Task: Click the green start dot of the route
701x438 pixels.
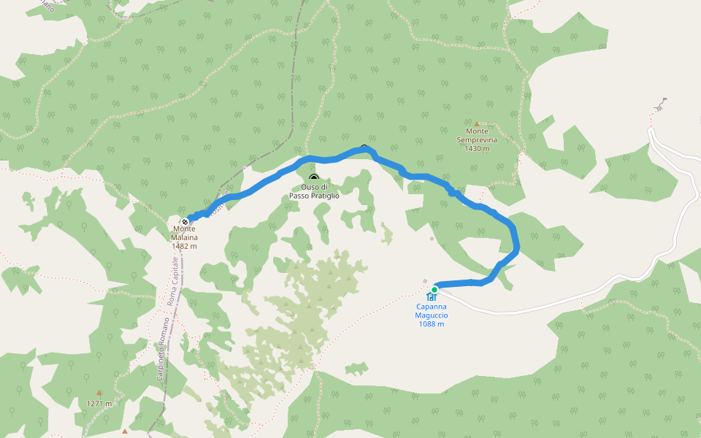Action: pyautogui.click(x=434, y=290)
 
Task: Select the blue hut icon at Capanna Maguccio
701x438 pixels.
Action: pyautogui.click(x=432, y=297)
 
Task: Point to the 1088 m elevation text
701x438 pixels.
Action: pyautogui.click(x=432, y=324)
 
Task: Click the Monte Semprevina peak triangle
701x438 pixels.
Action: pyautogui.click(x=477, y=124)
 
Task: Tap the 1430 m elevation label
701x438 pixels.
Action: pyautogui.click(x=477, y=148)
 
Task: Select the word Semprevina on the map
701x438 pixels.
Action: pyautogui.click(x=477, y=139)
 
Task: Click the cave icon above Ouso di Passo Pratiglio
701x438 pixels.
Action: pyautogui.click(x=314, y=178)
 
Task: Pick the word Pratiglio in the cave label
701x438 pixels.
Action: pyautogui.click(x=326, y=196)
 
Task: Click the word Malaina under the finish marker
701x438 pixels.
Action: pyautogui.click(x=185, y=237)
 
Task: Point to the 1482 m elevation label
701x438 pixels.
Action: pyautogui.click(x=185, y=246)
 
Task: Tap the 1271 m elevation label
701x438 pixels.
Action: pyautogui.click(x=99, y=404)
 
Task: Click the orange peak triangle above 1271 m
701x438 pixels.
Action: pyautogui.click(x=99, y=393)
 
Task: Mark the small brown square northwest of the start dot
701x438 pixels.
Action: pyautogui.click(x=424, y=281)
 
